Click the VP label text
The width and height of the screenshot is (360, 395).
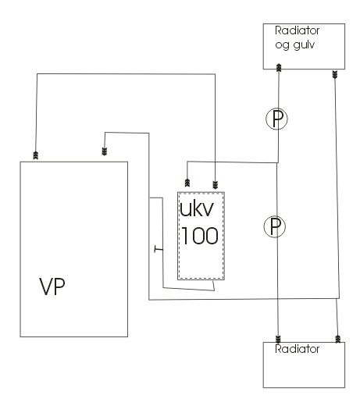52,286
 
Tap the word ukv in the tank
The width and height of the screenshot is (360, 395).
197,208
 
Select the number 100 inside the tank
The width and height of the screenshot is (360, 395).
200,236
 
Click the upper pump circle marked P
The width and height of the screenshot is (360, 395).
276,119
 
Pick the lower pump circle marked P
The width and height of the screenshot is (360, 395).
275,226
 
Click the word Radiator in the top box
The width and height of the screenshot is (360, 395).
297,30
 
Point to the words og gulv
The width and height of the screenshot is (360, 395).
295,45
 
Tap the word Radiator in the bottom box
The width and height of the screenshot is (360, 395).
297,349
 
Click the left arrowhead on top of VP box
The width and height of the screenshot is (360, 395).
36,155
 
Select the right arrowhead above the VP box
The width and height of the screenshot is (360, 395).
105,151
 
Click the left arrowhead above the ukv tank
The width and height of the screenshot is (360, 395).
187,183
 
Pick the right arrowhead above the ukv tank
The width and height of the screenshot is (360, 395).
215,185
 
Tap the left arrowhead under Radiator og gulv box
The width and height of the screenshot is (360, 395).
279,67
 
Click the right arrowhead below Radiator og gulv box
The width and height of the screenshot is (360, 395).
335,74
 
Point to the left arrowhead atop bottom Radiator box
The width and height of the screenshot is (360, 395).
278,340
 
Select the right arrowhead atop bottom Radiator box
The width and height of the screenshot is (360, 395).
338,339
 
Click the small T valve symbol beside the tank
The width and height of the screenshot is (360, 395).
159,249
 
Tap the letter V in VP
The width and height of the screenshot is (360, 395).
46,286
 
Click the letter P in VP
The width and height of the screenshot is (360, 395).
60,286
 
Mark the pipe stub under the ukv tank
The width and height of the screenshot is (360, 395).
213,285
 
